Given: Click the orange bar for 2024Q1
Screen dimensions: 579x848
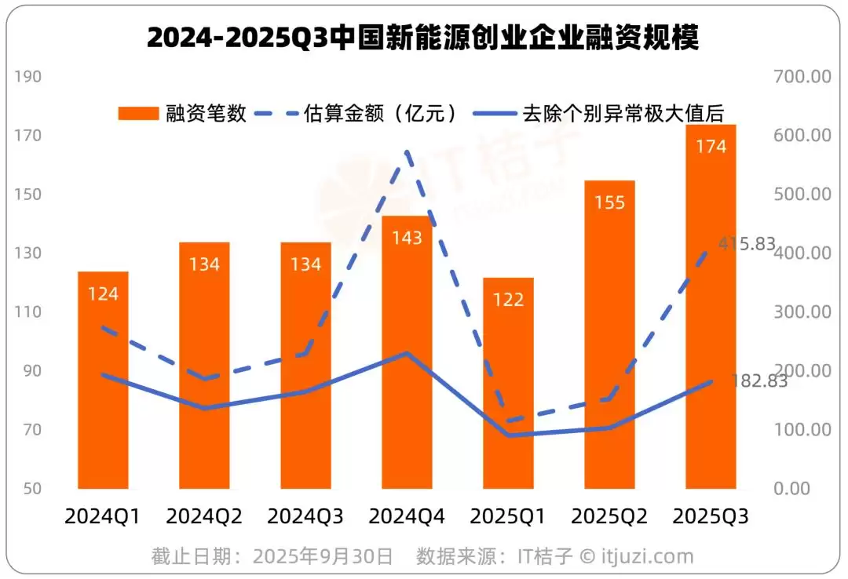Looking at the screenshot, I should click(x=103, y=381).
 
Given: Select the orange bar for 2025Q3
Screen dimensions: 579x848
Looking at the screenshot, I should click(x=711, y=306).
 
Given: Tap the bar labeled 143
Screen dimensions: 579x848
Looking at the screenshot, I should click(x=407, y=353).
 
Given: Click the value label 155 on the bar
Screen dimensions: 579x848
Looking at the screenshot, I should click(x=609, y=203).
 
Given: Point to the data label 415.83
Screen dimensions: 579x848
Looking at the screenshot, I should click(x=747, y=244).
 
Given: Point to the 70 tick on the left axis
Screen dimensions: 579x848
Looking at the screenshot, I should click(x=32, y=430).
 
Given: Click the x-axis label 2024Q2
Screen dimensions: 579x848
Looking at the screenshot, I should click(x=204, y=517).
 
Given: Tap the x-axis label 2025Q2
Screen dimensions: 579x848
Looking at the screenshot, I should click(x=609, y=517).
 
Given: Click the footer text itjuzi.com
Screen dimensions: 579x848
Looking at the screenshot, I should click(x=648, y=557).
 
